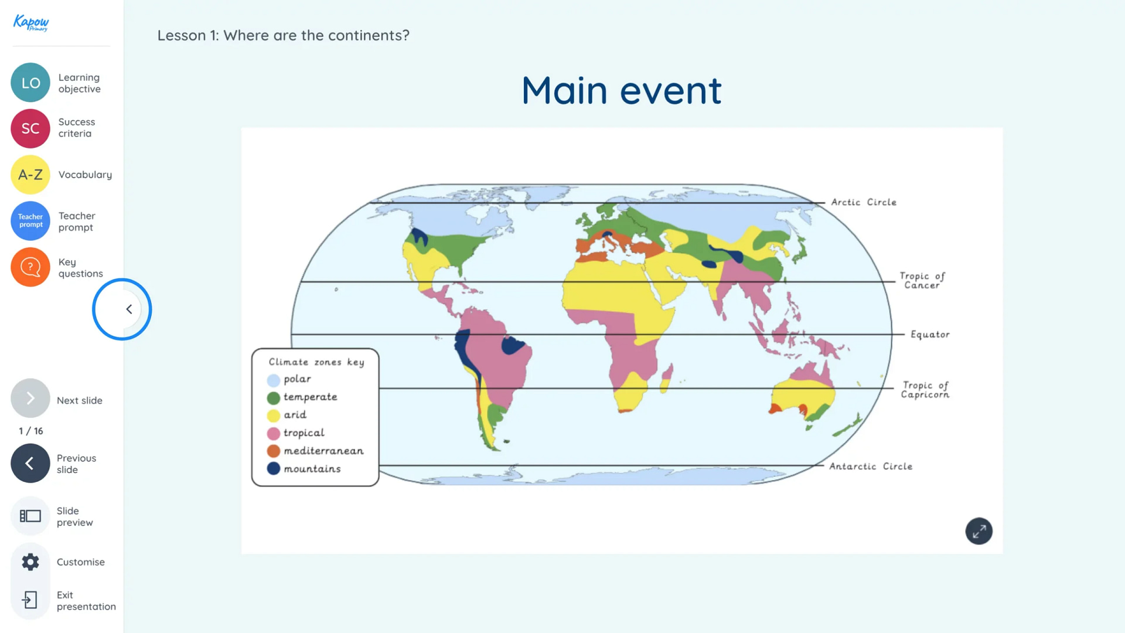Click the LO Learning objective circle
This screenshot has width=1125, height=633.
click(30, 83)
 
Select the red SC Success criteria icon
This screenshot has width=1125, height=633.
click(30, 128)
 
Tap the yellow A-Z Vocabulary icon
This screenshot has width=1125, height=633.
click(30, 175)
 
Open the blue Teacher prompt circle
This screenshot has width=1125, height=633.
click(30, 221)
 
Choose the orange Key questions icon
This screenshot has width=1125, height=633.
click(30, 267)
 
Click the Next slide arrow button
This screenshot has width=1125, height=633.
click(30, 399)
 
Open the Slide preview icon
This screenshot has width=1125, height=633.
click(30, 516)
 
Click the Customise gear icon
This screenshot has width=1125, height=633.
click(30, 562)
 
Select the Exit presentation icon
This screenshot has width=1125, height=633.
click(30, 600)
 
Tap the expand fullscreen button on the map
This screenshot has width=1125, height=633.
click(979, 531)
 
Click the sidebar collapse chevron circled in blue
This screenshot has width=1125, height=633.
click(129, 309)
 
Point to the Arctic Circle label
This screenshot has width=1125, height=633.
click(864, 202)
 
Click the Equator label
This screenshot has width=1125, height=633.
click(930, 335)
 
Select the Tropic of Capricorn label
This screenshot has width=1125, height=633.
click(925, 390)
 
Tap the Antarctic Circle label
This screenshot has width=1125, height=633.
click(871, 467)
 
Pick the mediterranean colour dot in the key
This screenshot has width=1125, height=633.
click(274, 451)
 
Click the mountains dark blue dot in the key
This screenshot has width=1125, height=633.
click(274, 469)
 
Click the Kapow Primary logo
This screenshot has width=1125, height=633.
click(31, 23)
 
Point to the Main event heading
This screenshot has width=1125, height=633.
click(622, 91)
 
